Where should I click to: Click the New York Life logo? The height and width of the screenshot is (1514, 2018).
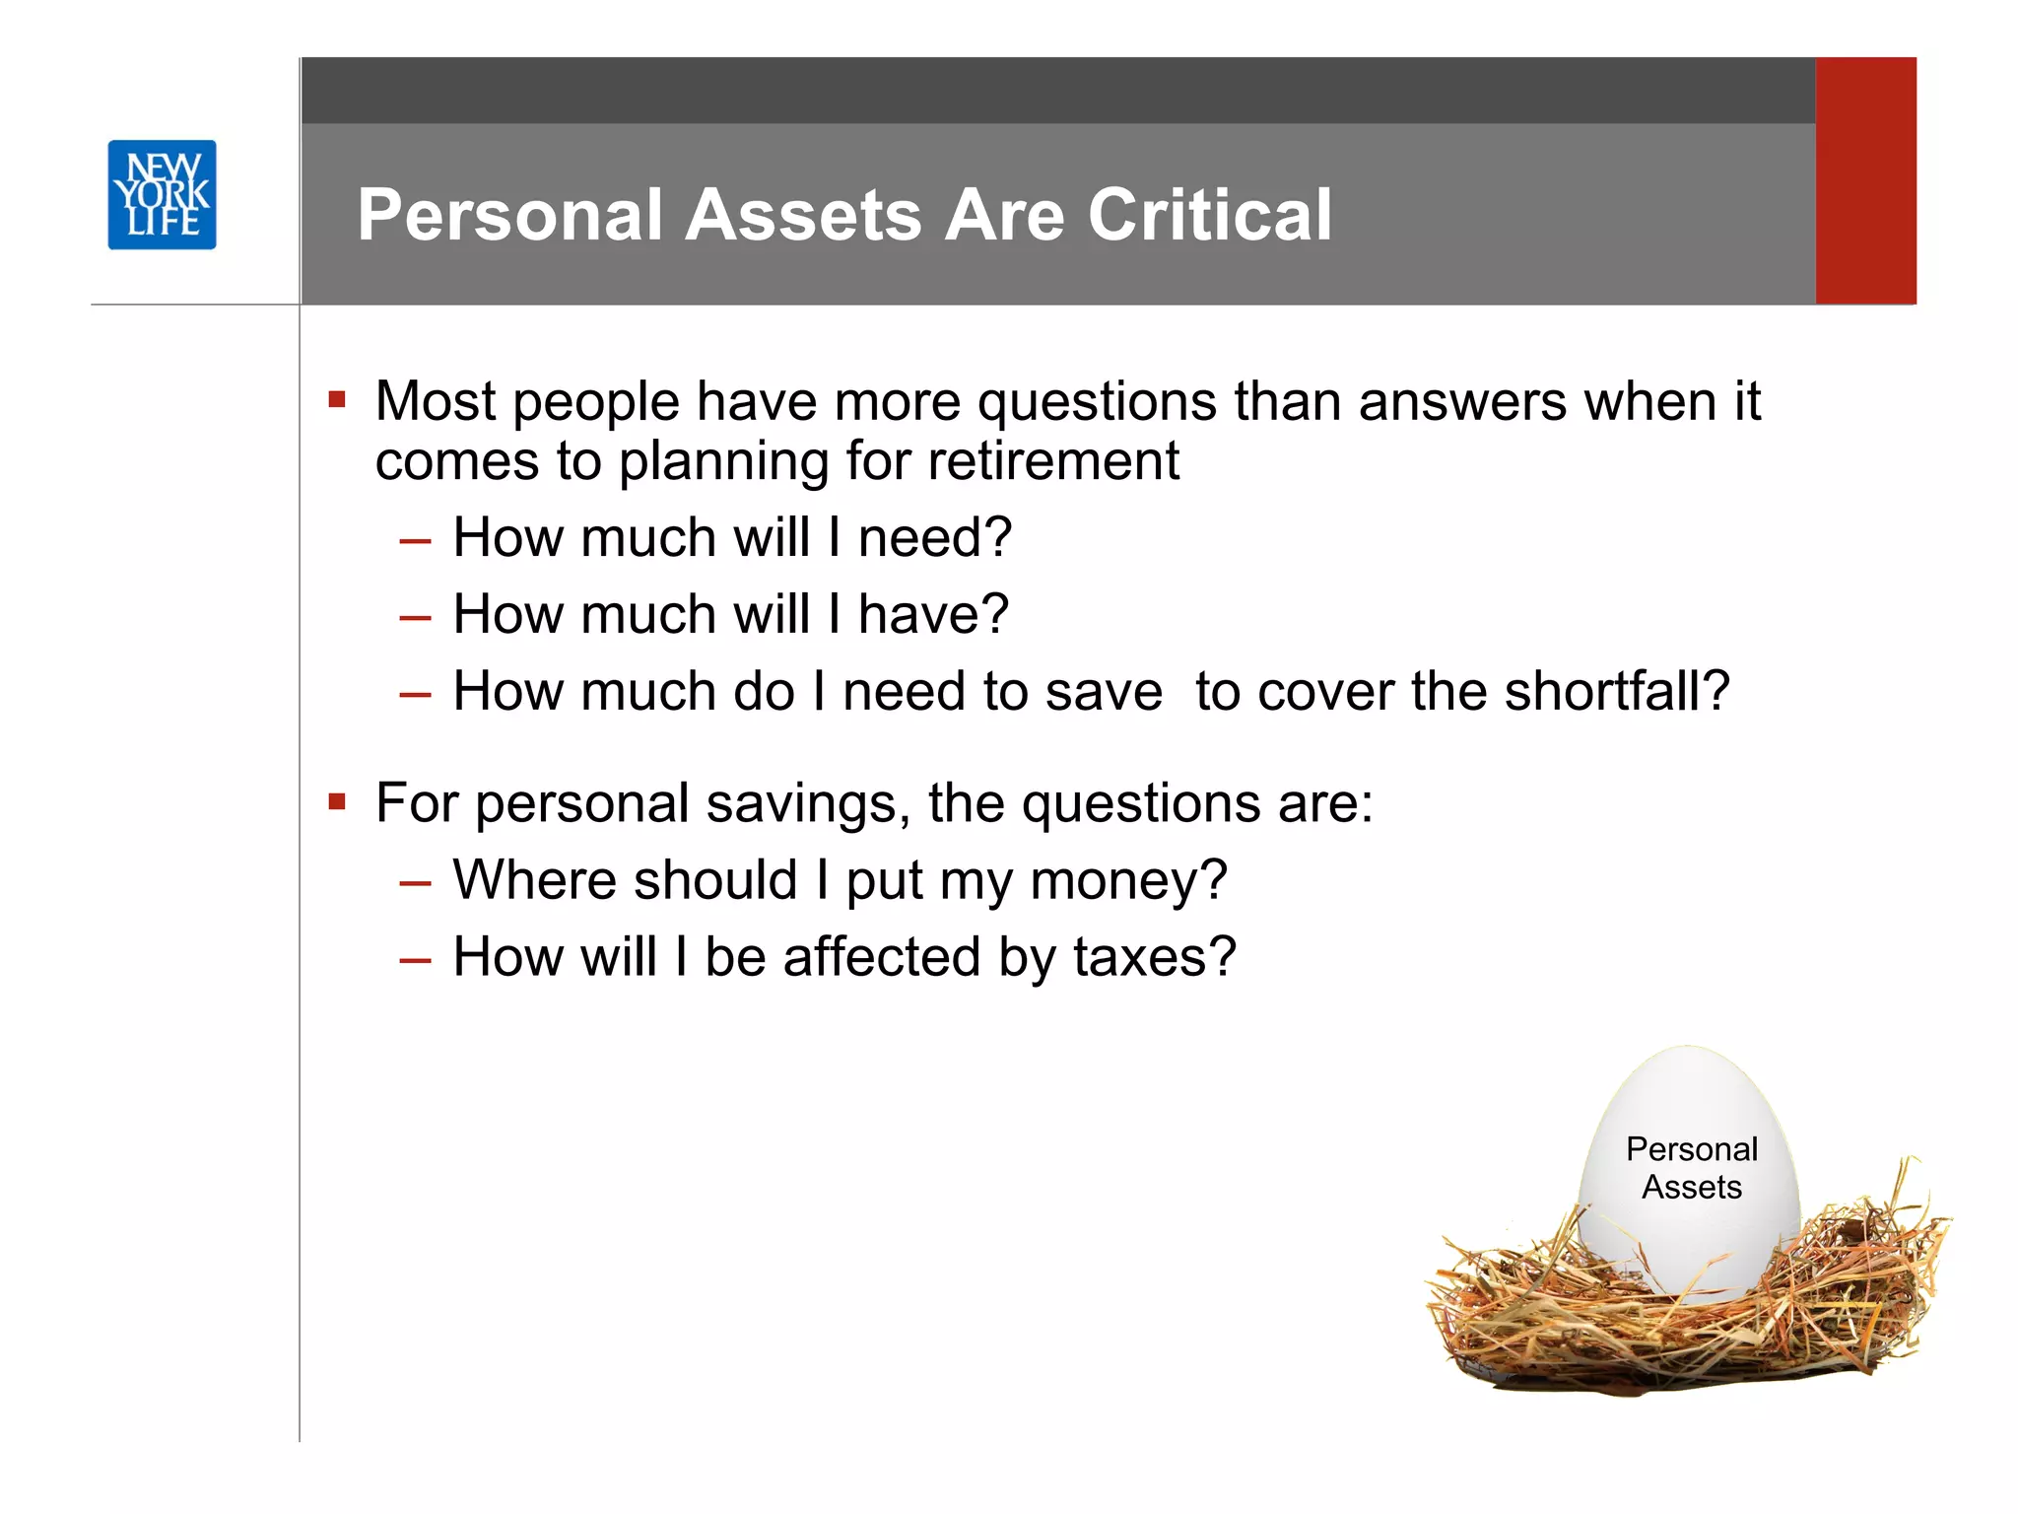pos(162,194)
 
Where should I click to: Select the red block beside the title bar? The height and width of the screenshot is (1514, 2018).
pos(1865,180)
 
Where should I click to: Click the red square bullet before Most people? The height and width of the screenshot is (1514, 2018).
pos(338,399)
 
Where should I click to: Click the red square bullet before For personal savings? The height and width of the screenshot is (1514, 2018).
pos(338,801)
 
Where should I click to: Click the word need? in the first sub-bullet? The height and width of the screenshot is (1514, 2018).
pos(934,538)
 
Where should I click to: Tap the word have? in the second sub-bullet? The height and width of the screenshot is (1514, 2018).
pos(933,615)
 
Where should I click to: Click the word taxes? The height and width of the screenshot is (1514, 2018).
pos(1154,957)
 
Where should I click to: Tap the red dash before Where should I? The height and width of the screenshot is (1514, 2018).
pos(415,882)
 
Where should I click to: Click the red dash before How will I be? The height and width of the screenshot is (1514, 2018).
pos(415,959)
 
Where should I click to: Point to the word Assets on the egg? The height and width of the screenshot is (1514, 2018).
pos(1691,1187)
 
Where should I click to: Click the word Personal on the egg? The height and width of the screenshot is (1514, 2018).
pos(1691,1149)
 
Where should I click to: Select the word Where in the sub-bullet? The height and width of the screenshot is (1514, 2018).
pos(540,879)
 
